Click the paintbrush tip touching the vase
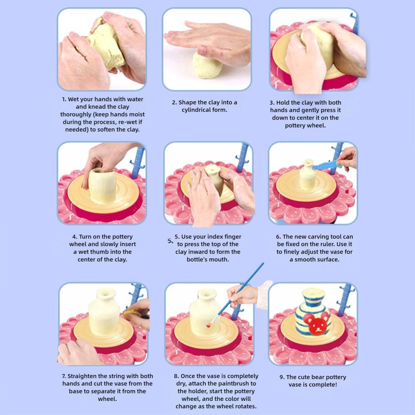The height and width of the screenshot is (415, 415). coord(209,325)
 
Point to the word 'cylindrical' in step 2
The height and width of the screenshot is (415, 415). coord(196,110)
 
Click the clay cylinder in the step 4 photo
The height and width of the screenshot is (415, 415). coord(102,186)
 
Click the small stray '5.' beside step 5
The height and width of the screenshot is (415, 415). coord(171,241)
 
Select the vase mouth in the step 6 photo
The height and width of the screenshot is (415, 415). coord(309,162)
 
